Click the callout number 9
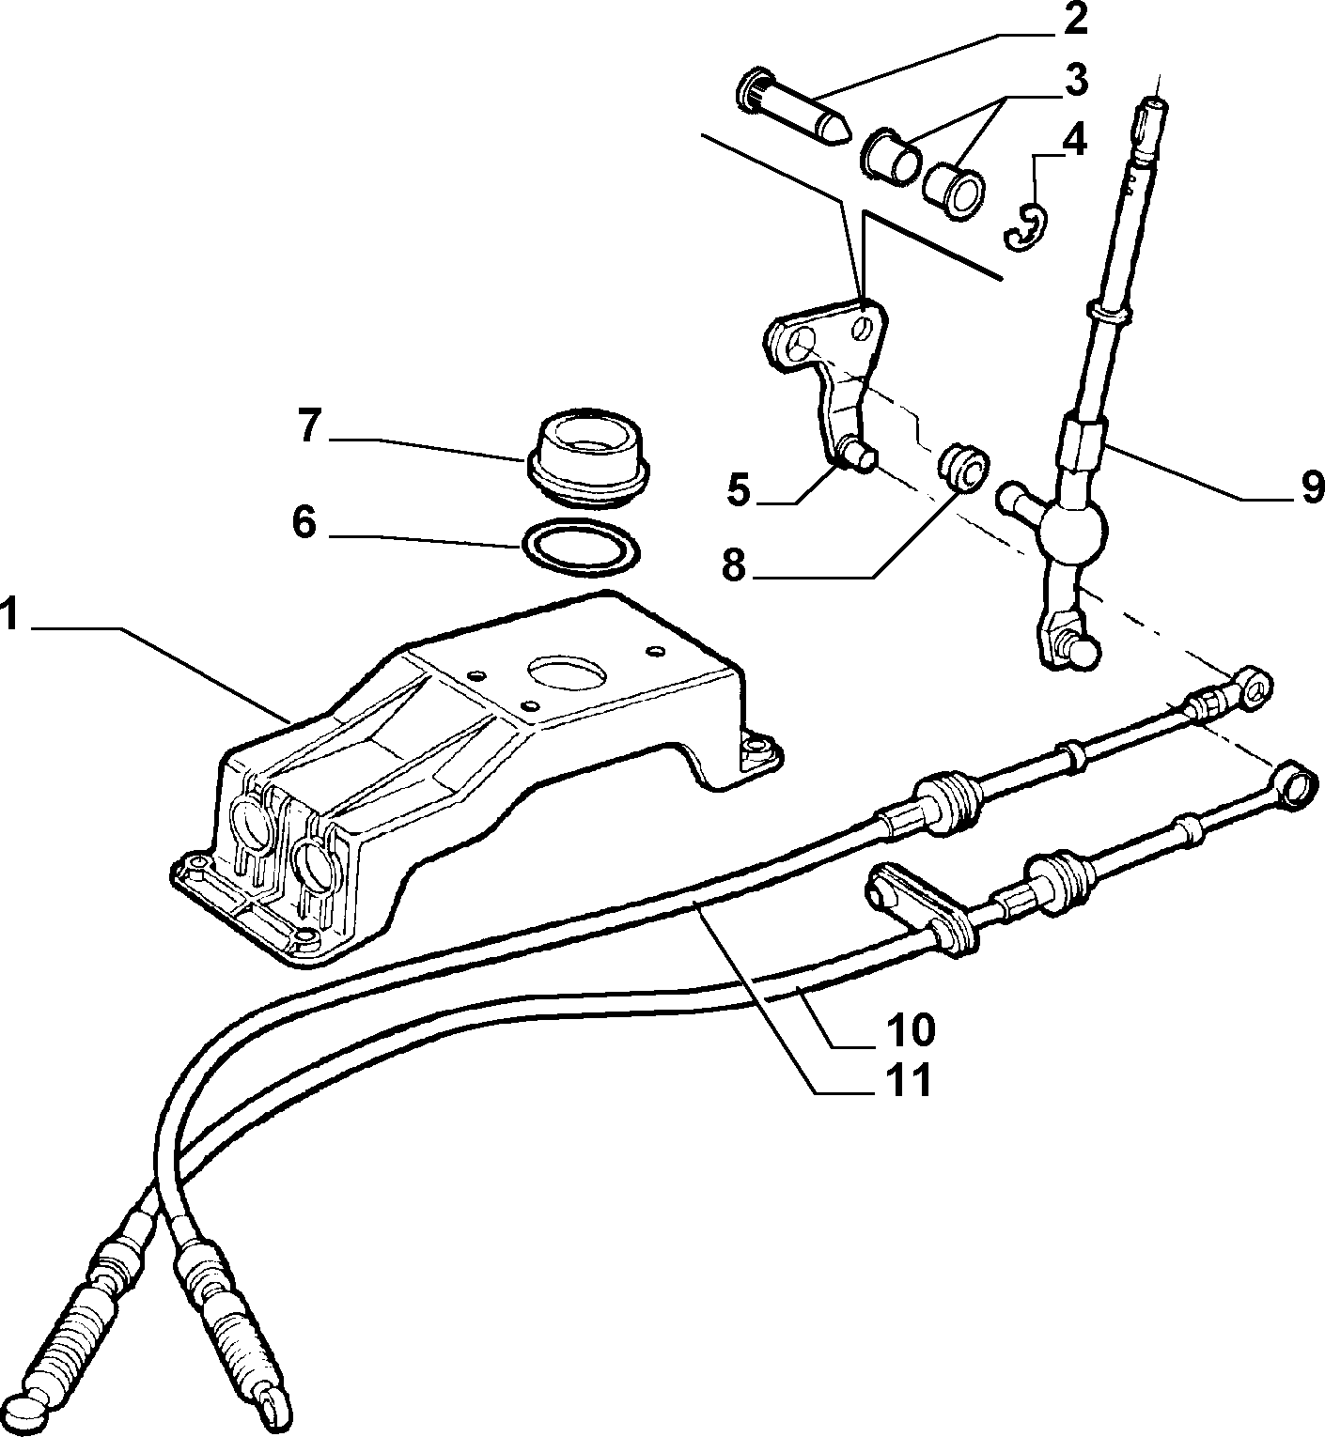pos(1312,487)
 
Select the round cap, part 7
pos(588,458)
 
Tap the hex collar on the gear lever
pos(1082,443)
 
